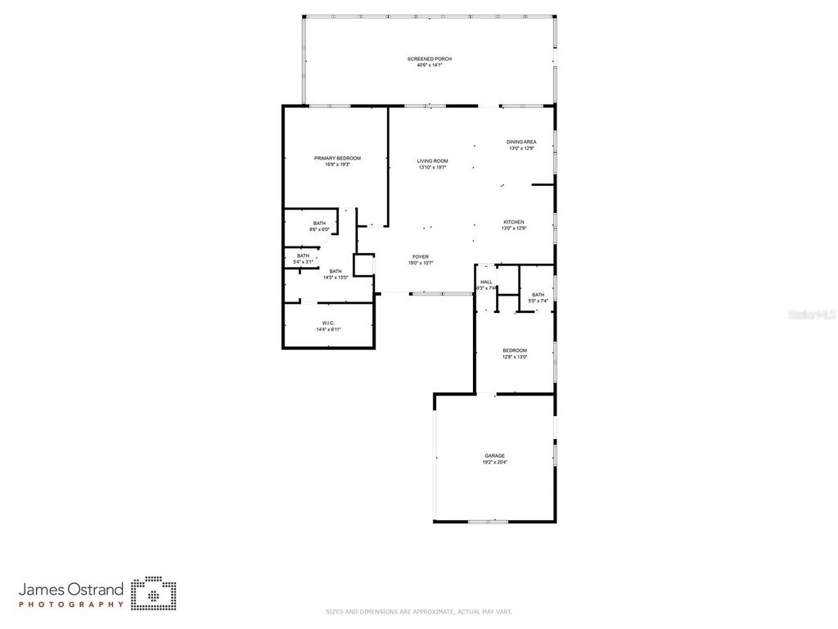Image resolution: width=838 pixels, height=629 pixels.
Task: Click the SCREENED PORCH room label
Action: tap(430, 59)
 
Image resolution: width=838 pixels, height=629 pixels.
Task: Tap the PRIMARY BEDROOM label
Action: tap(337, 158)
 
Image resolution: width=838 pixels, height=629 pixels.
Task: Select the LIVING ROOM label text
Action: tap(432, 161)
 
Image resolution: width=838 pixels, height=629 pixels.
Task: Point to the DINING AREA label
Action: tap(521, 143)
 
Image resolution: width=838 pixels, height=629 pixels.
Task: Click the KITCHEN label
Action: tap(513, 223)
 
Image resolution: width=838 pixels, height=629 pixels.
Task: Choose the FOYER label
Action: tap(420, 257)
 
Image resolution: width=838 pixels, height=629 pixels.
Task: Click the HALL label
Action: tap(486, 282)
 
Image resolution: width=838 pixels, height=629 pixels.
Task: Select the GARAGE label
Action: tap(494, 456)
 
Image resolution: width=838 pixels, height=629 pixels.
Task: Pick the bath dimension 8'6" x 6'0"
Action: tap(319, 229)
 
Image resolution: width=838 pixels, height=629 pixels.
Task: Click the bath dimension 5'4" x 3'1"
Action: tap(304, 261)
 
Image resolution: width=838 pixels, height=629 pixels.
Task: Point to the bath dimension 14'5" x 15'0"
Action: tap(336, 278)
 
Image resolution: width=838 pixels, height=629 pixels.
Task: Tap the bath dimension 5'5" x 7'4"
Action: tap(538, 301)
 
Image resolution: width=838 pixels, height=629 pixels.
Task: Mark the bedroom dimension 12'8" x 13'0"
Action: tap(515, 357)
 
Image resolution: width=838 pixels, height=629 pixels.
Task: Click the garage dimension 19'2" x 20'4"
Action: tap(494, 463)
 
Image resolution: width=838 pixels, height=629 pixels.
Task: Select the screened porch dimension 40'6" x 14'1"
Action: tap(430, 66)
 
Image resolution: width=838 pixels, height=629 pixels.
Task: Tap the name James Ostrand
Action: tap(71, 589)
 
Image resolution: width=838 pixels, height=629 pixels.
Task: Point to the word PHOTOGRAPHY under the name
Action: tap(71, 604)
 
